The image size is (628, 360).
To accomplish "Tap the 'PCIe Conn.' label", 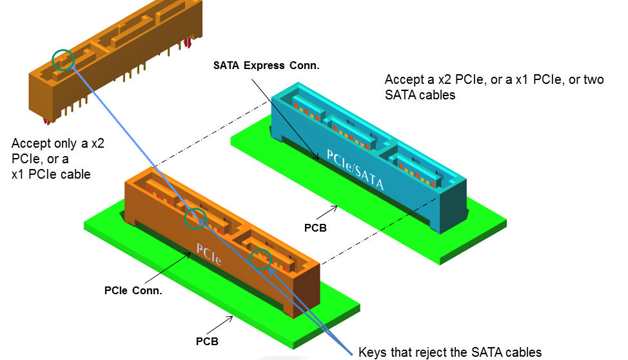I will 133,291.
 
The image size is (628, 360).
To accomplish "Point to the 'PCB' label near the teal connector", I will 316,228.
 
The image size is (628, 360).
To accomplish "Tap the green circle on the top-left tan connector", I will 63,59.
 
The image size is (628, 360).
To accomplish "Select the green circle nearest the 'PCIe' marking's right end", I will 261,259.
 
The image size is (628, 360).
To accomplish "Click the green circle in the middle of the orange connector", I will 195,219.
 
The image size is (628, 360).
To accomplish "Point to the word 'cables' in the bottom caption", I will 523,352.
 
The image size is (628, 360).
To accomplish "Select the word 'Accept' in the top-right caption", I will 404,80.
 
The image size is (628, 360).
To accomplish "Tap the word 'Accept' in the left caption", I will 30,143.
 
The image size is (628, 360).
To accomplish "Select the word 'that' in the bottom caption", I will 404,352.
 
